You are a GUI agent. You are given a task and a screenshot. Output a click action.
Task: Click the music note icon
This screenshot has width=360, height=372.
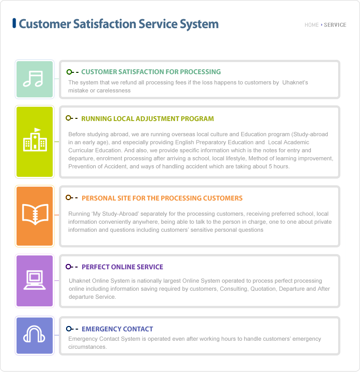click(x=33, y=79)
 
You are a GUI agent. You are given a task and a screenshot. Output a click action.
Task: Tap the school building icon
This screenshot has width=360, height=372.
click(x=35, y=139)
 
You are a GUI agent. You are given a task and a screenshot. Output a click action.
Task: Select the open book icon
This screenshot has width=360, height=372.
click(x=35, y=214)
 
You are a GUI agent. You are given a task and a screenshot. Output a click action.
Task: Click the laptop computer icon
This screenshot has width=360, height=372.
click(x=35, y=280)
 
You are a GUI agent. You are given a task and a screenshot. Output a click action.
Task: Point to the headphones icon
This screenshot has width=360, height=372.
click(x=34, y=334)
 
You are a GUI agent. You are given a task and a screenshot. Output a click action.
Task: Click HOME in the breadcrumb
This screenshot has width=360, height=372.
click(x=312, y=25)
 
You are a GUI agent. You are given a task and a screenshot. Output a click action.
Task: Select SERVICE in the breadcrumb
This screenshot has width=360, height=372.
click(x=335, y=25)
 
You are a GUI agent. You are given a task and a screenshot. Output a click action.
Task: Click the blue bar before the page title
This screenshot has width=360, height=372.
click(x=14, y=23)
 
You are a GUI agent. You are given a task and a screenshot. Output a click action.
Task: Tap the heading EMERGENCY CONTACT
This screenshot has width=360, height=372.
click(x=117, y=329)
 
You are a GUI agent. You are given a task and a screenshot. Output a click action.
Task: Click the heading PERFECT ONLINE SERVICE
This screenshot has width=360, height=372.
click(x=122, y=267)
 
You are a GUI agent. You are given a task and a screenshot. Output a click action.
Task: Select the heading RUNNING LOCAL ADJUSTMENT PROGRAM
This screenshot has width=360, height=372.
click(x=147, y=119)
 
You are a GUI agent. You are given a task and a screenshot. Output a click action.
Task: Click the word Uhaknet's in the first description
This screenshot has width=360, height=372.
click(x=295, y=82)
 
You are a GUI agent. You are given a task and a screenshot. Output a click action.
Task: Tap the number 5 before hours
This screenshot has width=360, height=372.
click(x=270, y=166)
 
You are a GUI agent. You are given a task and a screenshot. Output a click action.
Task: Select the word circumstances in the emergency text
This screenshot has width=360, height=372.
click(x=88, y=347)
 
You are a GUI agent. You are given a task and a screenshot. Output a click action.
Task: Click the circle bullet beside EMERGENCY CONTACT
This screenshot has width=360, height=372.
click(x=69, y=329)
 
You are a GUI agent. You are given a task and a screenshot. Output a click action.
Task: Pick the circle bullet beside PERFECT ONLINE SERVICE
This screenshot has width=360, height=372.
click(x=68, y=267)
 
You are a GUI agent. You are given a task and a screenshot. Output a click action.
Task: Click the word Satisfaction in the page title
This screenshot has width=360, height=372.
click(x=105, y=24)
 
